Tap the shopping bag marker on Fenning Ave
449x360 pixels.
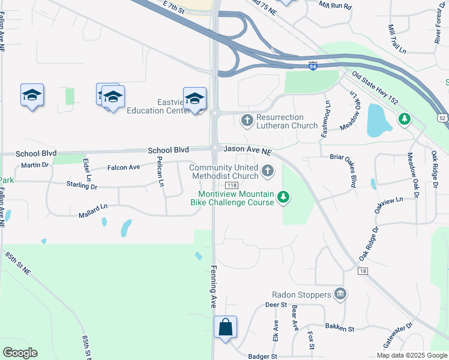click(226, 328)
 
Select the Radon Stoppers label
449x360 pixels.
click(301, 295)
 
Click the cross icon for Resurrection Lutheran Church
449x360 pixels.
click(246, 121)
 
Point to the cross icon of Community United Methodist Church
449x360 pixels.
click(268, 173)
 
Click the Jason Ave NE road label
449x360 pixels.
click(248, 149)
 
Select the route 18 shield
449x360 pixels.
click(363, 271)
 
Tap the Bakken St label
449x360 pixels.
click(340, 328)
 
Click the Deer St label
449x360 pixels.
click(276, 305)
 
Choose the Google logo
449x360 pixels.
click(20, 352)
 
